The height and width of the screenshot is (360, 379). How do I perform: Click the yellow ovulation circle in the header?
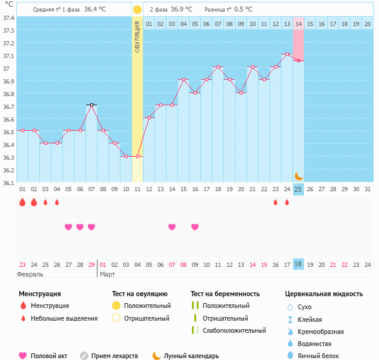tap(137, 10)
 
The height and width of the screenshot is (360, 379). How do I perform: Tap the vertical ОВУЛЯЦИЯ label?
tap(137, 37)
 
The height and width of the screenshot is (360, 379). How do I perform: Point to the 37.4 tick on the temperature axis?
tap(8, 18)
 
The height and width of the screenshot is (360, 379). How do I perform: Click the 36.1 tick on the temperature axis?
tap(8, 183)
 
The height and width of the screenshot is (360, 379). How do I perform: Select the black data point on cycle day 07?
tap(91, 105)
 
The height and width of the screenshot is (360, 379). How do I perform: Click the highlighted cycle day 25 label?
tap(298, 189)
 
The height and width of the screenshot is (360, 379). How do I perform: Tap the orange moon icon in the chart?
tap(298, 175)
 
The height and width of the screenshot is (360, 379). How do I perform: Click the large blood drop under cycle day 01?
tap(22, 202)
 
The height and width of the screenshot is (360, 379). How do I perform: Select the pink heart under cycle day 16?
tap(195, 227)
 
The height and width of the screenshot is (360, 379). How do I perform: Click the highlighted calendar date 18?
tap(298, 264)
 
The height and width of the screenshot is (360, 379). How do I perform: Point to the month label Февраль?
tap(30, 274)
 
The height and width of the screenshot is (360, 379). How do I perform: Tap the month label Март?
tap(108, 274)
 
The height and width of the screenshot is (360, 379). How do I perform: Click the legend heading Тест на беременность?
tap(225, 294)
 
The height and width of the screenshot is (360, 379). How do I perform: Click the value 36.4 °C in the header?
tap(96, 10)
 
